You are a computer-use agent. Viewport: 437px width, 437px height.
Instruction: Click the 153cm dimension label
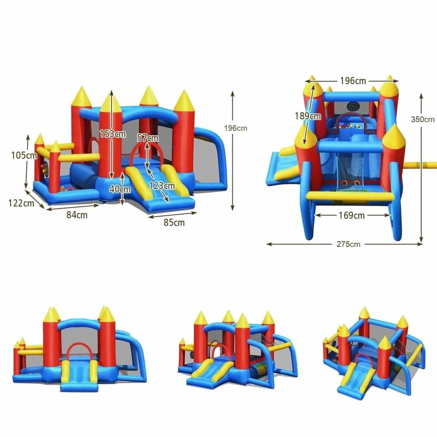113,134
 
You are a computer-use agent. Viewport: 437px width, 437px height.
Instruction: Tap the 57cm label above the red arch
148,138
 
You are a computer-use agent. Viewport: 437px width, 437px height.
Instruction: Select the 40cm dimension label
120,189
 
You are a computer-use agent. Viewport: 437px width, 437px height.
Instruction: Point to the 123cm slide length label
162,186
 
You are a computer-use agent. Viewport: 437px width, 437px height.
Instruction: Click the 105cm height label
24,155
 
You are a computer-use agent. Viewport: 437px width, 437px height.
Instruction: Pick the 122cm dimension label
21,203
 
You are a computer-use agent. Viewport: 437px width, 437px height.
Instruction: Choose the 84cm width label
77,215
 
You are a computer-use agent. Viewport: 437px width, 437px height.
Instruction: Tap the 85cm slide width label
174,223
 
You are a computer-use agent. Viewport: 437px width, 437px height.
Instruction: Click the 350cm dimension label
423,119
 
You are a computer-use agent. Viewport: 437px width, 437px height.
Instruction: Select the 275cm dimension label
349,244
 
